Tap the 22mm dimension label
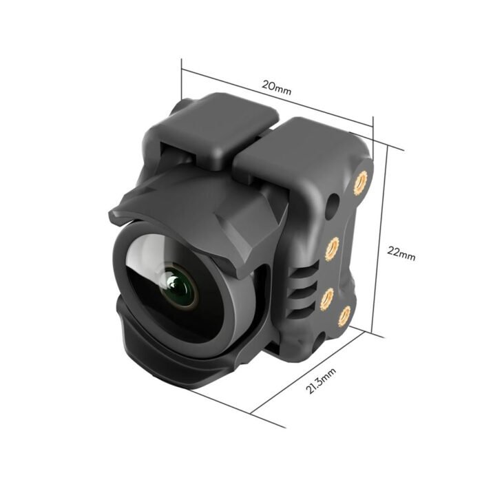[401, 253]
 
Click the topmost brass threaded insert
[359, 182]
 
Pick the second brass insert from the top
[333, 246]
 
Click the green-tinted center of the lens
[180, 289]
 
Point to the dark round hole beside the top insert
[333, 205]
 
